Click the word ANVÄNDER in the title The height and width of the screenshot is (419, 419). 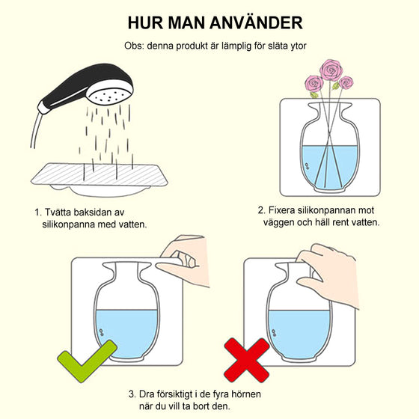[x=256, y=22]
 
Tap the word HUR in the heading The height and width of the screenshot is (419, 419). [x=146, y=22]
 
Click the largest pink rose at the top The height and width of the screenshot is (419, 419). [x=331, y=70]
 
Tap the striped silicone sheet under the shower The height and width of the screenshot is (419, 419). [x=100, y=174]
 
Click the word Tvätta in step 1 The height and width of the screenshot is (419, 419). [x=58, y=212]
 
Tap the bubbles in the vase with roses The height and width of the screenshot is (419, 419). [x=308, y=166]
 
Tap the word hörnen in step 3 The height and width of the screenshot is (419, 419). [x=246, y=394]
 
